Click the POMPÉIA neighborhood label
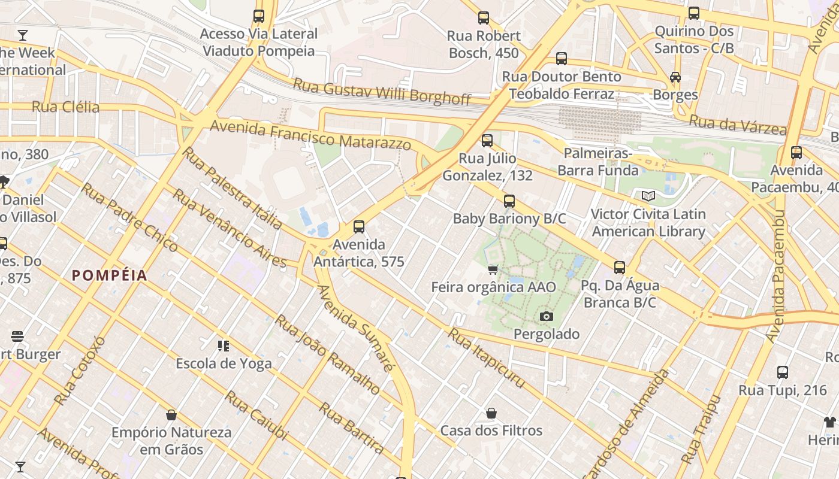click(x=110, y=275)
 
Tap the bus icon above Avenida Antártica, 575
click(x=359, y=227)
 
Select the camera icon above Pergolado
click(x=546, y=316)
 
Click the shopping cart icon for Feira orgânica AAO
click(x=493, y=270)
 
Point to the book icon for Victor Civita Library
click(x=648, y=196)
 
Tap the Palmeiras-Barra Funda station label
click(x=598, y=162)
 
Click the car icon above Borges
click(x=675, y=77)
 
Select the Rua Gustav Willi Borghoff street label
click(x=382, y=92)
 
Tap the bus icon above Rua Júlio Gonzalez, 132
click(x=487, y=141)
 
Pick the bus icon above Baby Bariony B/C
click(x=509, y=201)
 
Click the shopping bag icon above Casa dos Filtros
click(x=491, y=413)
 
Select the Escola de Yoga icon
click(x=224, y=345)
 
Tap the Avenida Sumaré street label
click(x=355, y=328)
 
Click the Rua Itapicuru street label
click(x=487, y=358)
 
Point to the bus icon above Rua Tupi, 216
click(x=783, y=372)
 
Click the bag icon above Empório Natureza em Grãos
click(x=171, y=415)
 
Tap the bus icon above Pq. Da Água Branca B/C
click(x=620, y=268)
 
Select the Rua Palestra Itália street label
click(x=232, y=188)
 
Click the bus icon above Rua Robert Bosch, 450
click(x=484, y=18)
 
